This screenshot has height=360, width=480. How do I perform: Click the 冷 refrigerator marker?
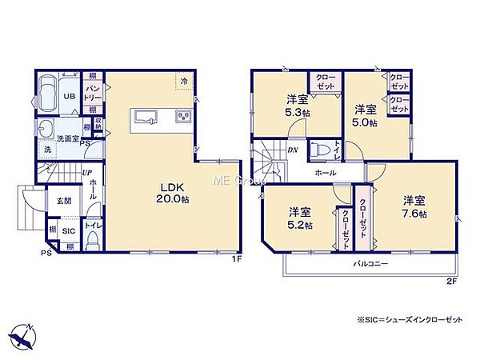[x=184, y=81]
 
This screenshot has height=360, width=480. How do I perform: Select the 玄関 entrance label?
[x=62, y=201]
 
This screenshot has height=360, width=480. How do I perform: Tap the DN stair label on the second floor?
[x=293, y=149]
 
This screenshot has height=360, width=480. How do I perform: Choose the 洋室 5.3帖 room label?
[x=298, y=107]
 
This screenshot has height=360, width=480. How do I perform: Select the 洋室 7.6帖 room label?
[x=415, y=206]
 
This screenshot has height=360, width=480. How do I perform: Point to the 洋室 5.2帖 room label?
[x=299, y=219]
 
